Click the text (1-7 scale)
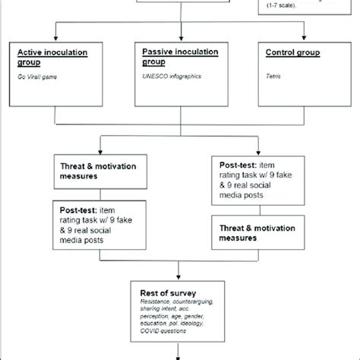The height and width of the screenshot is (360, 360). pos(282,7)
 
